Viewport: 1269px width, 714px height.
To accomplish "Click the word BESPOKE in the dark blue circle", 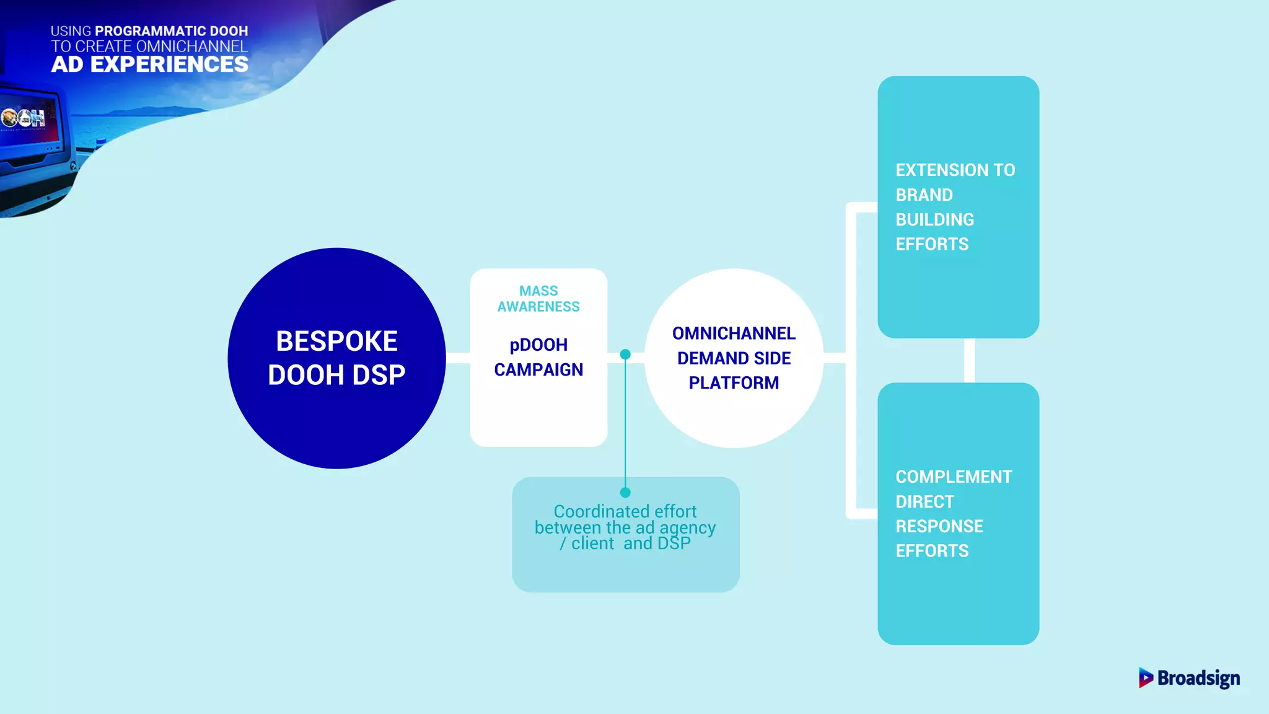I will point(336,341).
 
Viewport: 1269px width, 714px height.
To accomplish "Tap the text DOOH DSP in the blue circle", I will point(336,375).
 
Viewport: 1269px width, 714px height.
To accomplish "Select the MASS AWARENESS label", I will point(538,299).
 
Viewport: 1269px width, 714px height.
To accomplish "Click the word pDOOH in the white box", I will point(538,345).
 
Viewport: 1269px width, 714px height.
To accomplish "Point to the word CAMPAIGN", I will point(538,370).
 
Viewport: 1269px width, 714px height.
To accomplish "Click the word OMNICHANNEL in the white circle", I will point(734,333).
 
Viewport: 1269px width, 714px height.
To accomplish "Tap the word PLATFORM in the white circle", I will point(734,383).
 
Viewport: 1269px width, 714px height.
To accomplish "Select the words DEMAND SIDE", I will point(734,358).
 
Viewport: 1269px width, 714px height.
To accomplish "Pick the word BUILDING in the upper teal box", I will point(934,219).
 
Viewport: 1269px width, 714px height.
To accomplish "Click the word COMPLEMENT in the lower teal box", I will point(953,477).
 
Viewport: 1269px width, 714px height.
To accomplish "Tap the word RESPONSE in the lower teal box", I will point(939,526).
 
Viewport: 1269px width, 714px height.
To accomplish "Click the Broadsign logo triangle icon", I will point(1145,677).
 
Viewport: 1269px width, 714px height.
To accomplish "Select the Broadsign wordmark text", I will point(1198,678).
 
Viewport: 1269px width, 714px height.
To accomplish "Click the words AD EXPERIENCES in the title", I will point(149,64).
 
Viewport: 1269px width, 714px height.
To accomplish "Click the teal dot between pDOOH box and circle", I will point(625,355).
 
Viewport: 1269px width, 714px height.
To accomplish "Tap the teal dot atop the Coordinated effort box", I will point(625,492).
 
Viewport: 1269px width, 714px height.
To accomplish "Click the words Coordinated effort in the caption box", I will point(625,511).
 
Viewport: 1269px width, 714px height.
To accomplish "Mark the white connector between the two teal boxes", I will point(969,360).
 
